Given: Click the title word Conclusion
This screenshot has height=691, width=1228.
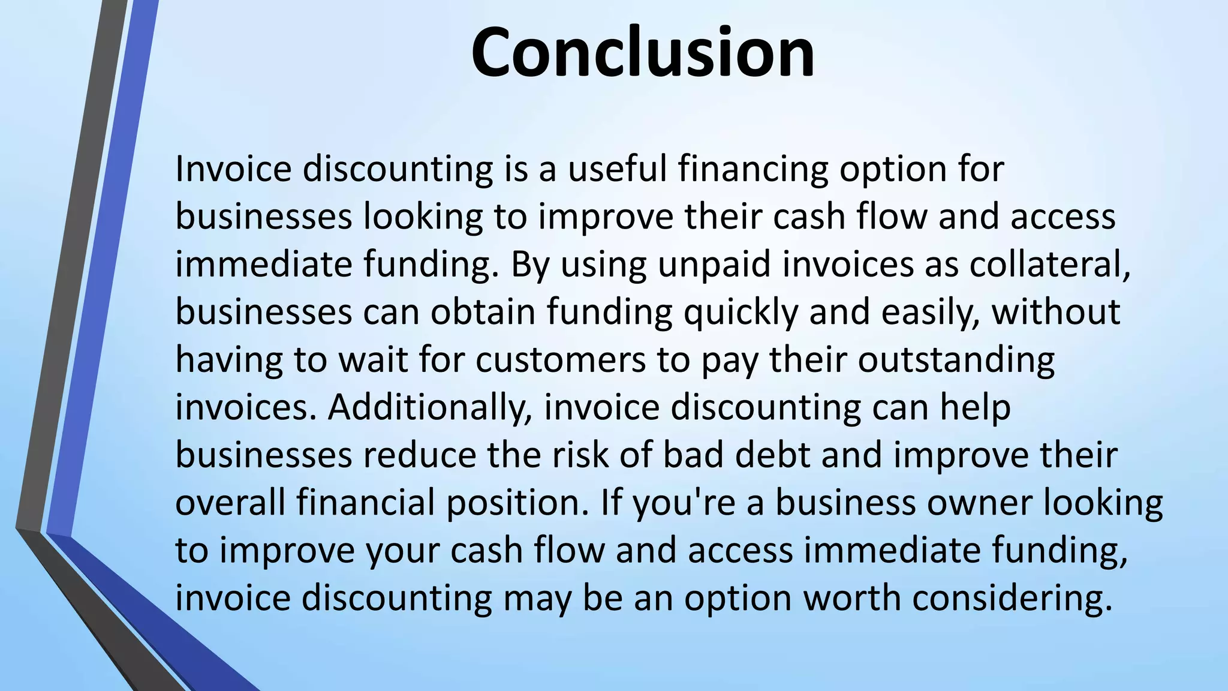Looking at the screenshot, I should click(642, 53).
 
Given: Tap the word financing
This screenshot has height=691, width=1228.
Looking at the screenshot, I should click(753, 170).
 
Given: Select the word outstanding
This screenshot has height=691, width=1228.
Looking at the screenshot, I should click(956, 361).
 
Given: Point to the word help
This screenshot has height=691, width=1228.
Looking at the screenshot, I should click(975, 408).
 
